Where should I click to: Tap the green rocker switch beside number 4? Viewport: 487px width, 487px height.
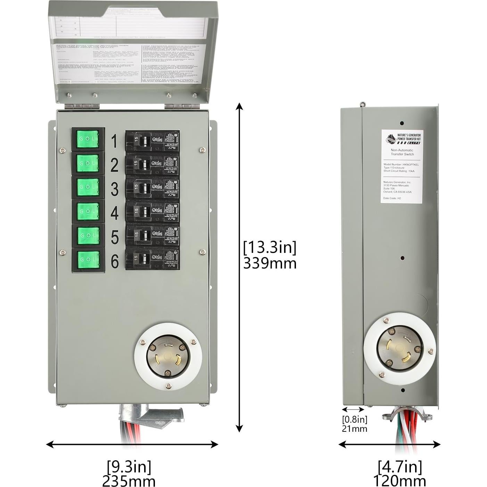click(x=88, y=211)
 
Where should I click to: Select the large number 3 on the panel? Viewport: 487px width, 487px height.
click(x=115, y=189)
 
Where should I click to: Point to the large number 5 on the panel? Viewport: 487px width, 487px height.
click(x=115, y=237)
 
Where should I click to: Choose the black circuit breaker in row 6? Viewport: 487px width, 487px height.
click(x=152, y=259)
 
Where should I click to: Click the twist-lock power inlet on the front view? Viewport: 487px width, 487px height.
click(x=165, y=356)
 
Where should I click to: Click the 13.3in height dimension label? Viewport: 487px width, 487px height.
click(x=270, y=247)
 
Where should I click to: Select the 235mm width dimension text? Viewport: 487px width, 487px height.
click(x=129, y=481)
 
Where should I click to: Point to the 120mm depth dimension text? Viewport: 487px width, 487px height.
click(x=399, y=481)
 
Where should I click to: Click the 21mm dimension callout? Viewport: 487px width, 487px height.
click(x=354, y=429)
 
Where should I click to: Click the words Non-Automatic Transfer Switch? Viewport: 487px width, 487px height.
click(x=402, y=152)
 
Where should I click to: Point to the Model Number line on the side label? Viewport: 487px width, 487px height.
click(x=401, y=164)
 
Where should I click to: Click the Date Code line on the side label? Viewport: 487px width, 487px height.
click(x=392, y=198)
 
